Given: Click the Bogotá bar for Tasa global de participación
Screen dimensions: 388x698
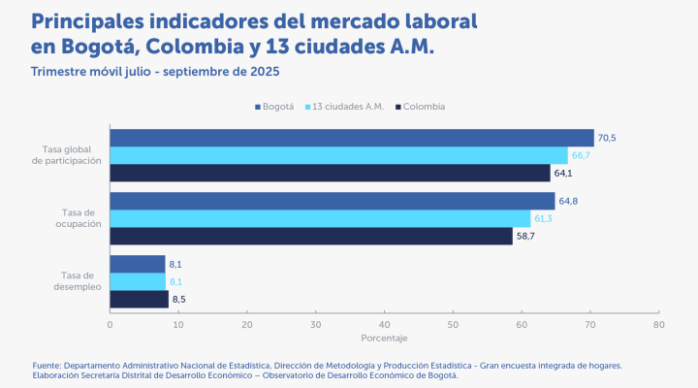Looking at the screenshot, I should (351, 138).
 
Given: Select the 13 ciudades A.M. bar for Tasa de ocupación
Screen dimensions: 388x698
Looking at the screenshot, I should (320, 218).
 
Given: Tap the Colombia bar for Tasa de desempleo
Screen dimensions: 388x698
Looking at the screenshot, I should (139, 299).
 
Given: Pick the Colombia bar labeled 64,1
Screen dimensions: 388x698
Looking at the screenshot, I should (330, 174).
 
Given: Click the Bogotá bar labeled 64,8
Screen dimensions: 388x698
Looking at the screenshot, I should (332, 201).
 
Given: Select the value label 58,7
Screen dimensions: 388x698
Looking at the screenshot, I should (526, 236).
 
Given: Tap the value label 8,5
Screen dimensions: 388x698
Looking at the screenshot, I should (178, 299).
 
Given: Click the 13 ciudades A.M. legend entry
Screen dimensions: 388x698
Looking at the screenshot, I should (347, 106).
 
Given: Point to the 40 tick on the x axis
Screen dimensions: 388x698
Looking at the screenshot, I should (385, 324).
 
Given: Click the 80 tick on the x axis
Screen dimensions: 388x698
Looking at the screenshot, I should (659, 324).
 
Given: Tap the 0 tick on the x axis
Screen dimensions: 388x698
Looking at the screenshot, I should (111, 324).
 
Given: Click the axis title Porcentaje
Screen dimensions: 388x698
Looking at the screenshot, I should (384, 338).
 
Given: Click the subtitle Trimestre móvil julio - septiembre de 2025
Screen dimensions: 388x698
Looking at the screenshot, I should (156, 72).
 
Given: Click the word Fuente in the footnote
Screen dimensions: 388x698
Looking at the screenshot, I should (48, 365).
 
